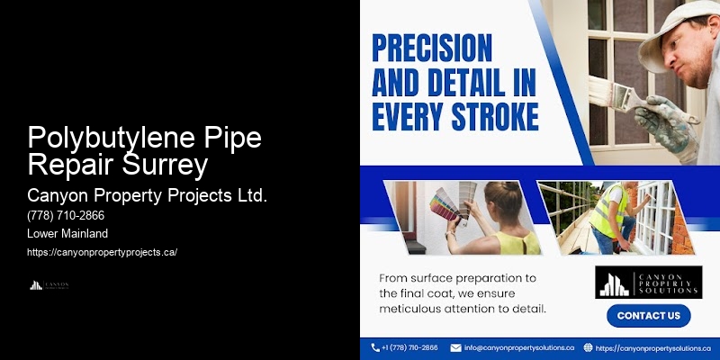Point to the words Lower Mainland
tap(67, 234)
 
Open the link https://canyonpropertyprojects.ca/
tap(103, 252)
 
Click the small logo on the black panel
tap(49, 285)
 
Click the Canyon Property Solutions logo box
tap(648, 282)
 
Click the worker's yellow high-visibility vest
tap(610, 211)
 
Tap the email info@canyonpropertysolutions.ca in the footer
tap(518, 347)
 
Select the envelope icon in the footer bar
tap(456, 347)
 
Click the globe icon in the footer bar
tap(588, 347)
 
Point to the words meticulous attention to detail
tap(463, 309)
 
